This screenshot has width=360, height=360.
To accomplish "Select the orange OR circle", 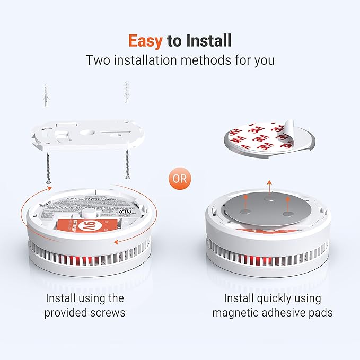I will [180, 178].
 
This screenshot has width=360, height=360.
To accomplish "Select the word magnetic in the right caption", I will [236, 312].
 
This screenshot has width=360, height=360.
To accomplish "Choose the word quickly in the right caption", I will [278, 298].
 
